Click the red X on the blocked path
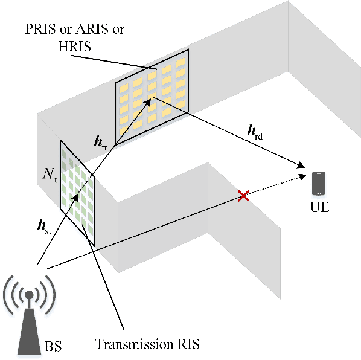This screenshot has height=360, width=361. tap(243, 196)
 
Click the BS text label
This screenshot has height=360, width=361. tap(53, 347)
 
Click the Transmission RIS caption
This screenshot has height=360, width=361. tap(147, 345)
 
